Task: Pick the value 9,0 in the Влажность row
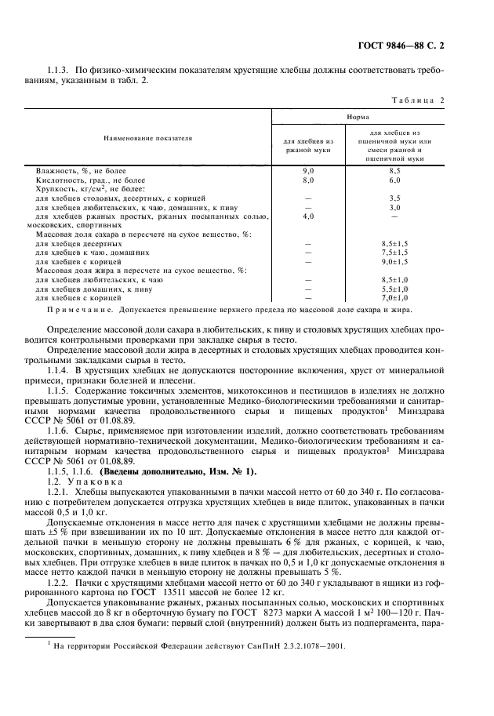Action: [x=308, y=170]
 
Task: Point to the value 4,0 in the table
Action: [x=308, y=215]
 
